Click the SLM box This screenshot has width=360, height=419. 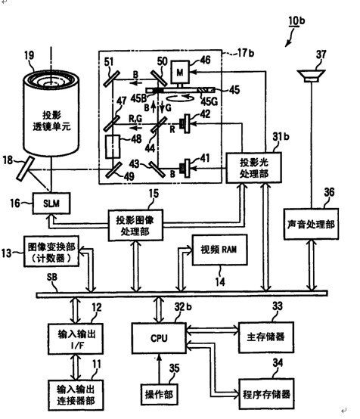51,203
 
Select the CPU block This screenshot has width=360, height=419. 159,338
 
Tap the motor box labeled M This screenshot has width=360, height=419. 180,72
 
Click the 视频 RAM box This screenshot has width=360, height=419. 219,250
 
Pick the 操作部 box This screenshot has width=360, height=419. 159,394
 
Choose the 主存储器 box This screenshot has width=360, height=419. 266,337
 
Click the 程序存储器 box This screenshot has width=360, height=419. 266,394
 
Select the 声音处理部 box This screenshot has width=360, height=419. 311,224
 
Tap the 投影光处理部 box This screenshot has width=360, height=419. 253,168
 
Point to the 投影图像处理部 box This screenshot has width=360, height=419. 135,225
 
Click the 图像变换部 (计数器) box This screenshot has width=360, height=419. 51,251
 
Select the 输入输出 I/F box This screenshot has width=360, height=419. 76,339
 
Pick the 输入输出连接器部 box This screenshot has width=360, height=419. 76,395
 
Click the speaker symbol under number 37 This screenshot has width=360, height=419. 312,76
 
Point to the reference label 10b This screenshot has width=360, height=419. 296,21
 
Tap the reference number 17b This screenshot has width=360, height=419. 246,53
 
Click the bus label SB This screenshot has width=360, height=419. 51,277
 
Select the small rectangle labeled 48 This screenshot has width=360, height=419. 113,147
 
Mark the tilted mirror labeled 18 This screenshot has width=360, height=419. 26,169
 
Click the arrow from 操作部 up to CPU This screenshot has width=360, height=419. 159,369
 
